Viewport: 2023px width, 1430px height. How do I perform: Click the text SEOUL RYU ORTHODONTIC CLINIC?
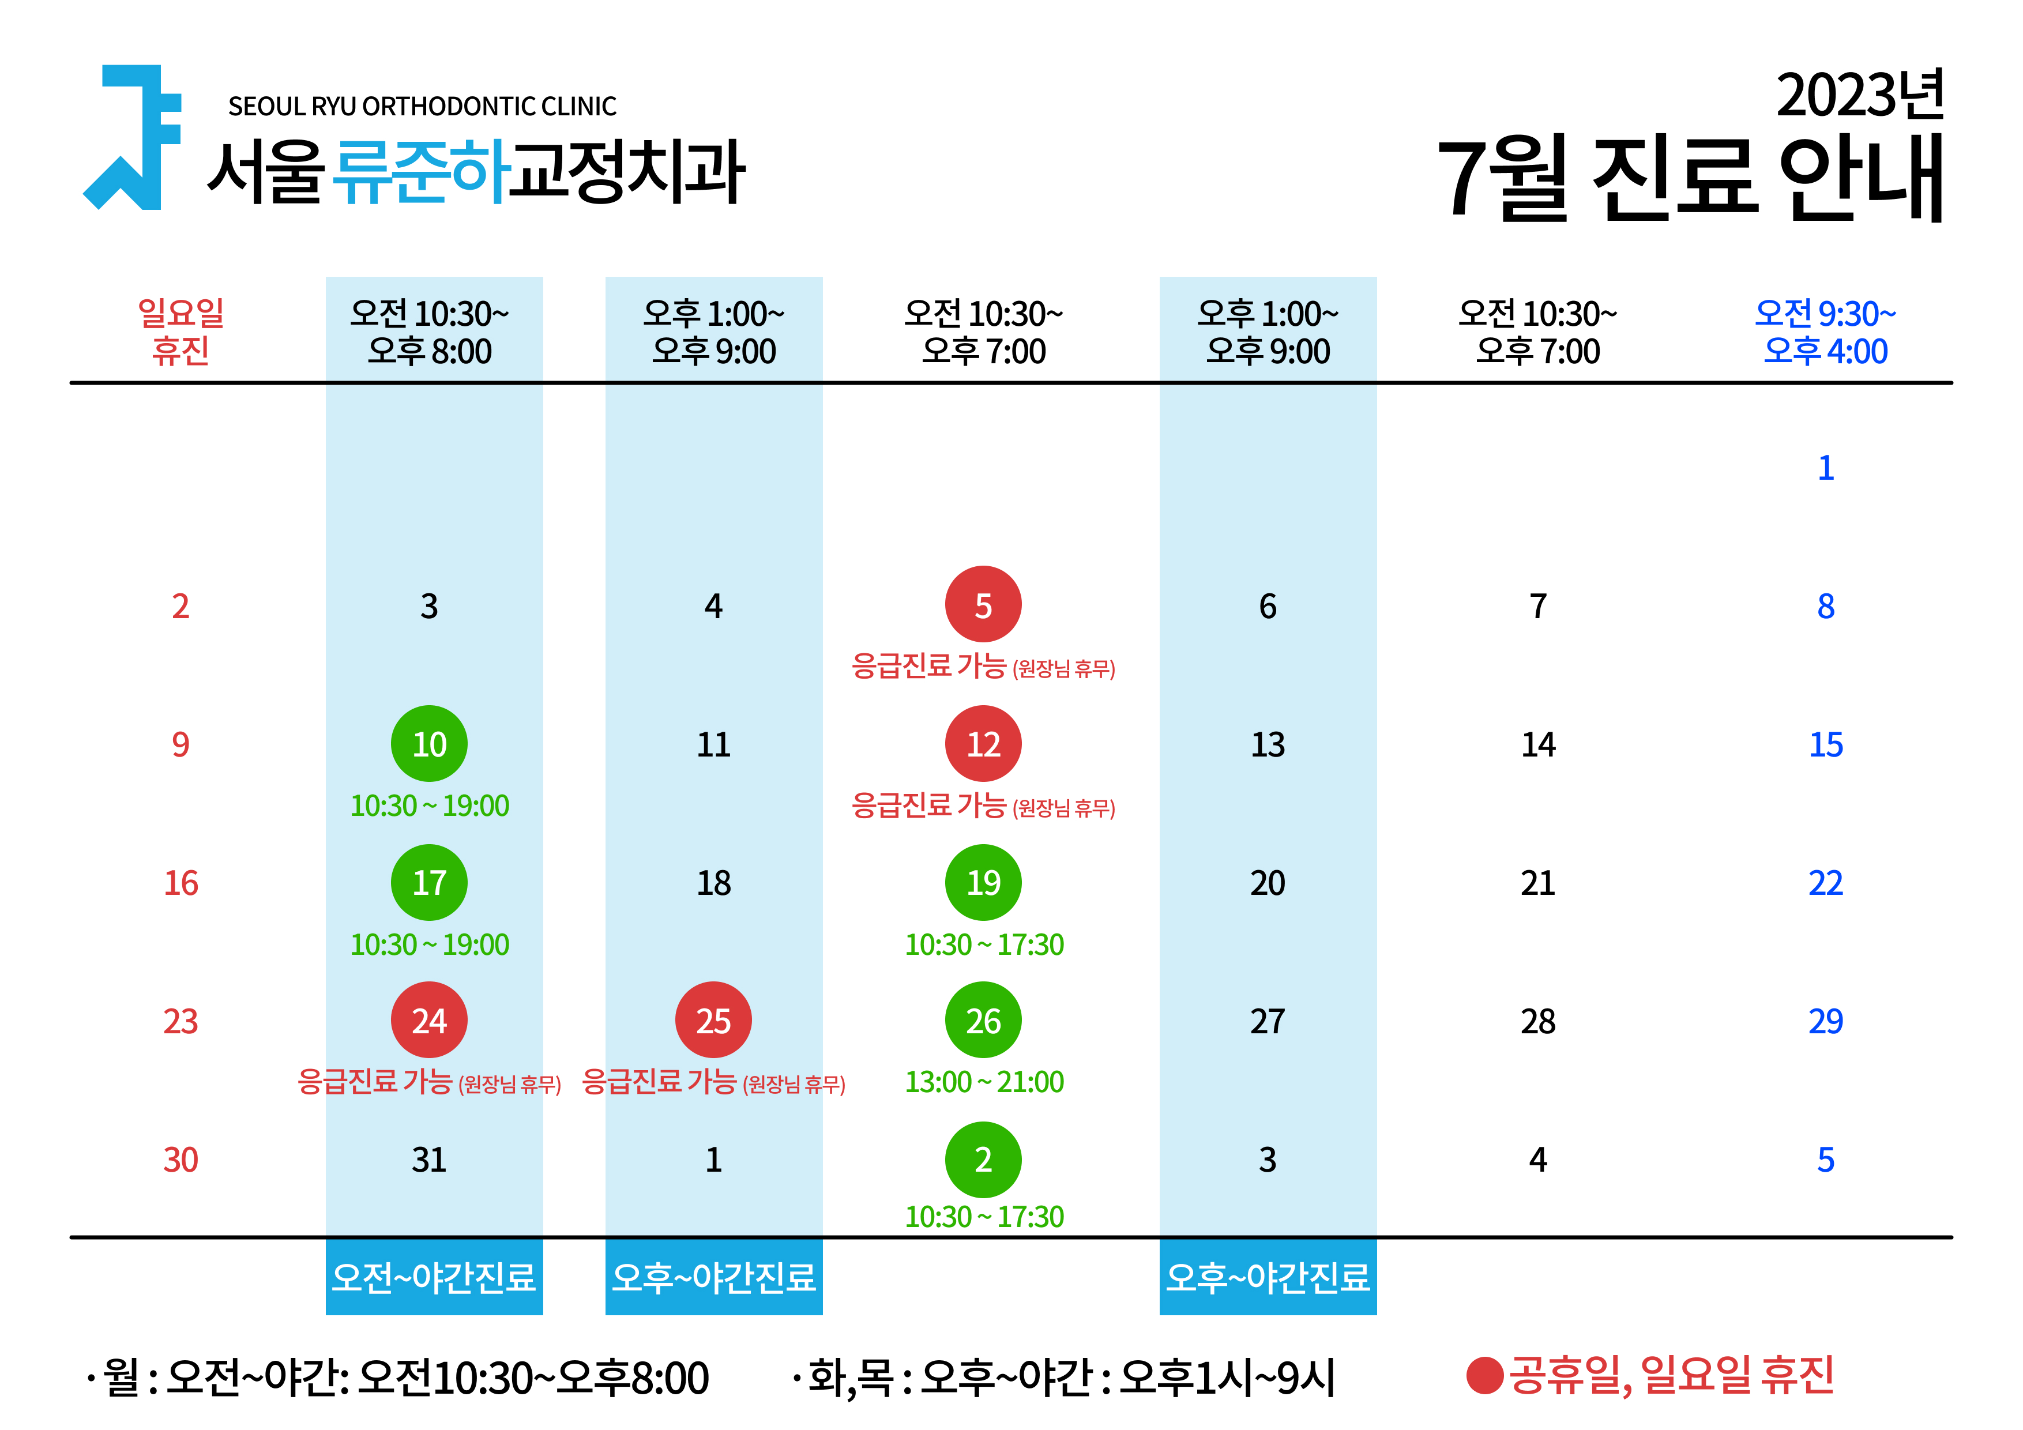[422, 107]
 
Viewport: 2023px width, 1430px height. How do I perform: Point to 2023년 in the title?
[1860, 95]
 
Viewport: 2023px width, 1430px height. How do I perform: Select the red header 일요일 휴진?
[181, 332]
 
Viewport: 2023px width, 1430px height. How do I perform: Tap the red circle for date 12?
[983, 744]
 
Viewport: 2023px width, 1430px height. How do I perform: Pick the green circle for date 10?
[429, 744]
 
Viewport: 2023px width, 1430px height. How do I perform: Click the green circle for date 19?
[983, 882]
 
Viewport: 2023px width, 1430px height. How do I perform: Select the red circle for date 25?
[714, 1020]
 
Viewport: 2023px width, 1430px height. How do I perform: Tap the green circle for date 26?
[983, 1020]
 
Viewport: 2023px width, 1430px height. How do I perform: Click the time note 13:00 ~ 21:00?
[984, 1082]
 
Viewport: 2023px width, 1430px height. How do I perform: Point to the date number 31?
[429, 1160]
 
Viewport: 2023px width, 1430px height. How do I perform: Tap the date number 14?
[1539, 744]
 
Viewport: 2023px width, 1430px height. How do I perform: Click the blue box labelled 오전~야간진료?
[434, 1277]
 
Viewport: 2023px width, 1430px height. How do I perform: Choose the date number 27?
[1268, 1021]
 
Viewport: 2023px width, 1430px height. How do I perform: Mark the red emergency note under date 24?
[429, 1082]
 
